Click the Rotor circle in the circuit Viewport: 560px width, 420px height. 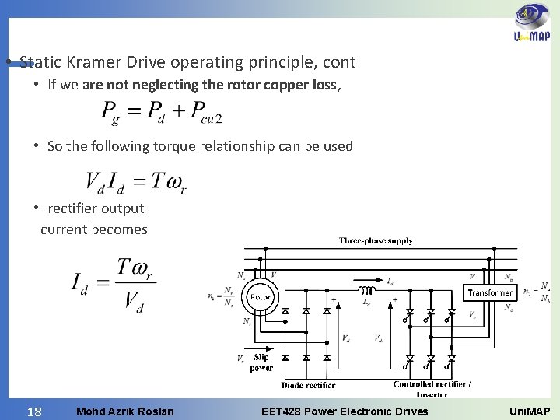pyautogui.click(x=261, y=296)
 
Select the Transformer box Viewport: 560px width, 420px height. pyautogui.click(x=490, y=292)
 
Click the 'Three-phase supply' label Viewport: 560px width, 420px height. pyautogui.click(x=376, y=242)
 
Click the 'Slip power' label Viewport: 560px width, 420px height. pyautogui.click(x=261, y=362)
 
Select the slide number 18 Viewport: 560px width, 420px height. pyautogui.click(x=33, y=409)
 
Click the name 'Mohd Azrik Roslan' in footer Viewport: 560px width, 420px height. pyautogui.click(x=126, y=410)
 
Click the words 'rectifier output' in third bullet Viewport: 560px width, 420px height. pyautogui.click(x=96, y=208)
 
